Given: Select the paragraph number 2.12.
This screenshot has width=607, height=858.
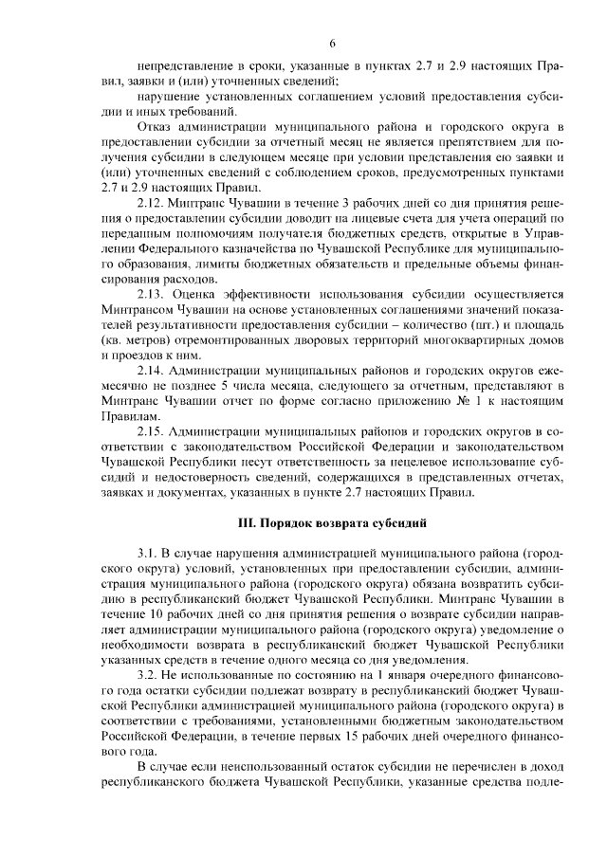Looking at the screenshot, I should tap(154, 203).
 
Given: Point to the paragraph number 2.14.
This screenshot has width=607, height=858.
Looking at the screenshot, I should tap(154, 369).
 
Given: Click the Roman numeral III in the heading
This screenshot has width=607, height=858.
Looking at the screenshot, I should tap(245, 521).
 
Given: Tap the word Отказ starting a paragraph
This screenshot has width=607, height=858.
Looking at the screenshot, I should tap(157, 126).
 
